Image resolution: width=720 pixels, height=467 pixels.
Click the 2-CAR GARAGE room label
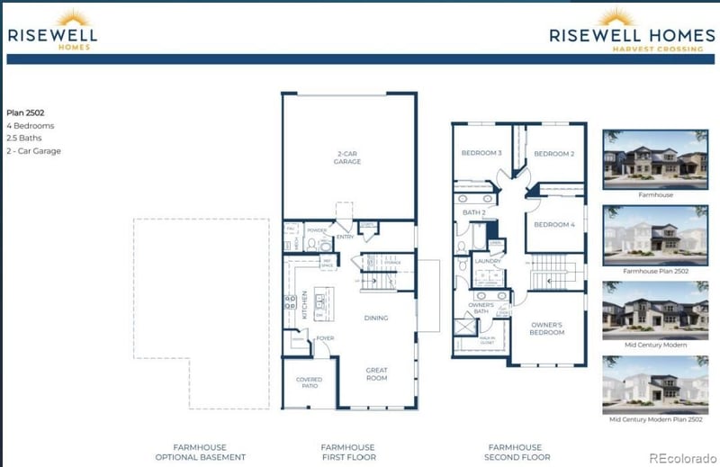tap(347, 157)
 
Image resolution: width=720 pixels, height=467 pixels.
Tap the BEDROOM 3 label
tap(481, 153)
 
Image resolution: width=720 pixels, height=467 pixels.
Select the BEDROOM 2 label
tap(554, 154)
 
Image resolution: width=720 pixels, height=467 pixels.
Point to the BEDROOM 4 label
tap(554, 224)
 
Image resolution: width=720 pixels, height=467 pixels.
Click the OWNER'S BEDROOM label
tap(547, 328)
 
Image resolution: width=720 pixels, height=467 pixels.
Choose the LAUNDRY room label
tap(488, 261)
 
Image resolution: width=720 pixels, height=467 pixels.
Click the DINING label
tap(376, 318)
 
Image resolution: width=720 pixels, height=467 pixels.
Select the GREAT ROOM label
tap(376, 373)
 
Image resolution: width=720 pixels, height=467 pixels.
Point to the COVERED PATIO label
tap(309, 382)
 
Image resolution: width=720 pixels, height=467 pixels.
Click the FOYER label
tap(324, 338)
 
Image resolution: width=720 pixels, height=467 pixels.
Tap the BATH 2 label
tap(473, 212)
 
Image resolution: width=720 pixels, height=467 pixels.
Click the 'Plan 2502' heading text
tap(25, 112)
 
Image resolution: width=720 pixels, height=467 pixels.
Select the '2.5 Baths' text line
tap(24, 138)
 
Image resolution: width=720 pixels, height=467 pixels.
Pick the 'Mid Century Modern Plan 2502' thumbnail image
tap(655, 384)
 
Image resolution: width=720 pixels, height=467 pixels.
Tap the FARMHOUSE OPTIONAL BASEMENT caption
tap(199, 452)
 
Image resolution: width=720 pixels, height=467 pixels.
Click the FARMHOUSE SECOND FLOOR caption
tap(515, 452)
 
